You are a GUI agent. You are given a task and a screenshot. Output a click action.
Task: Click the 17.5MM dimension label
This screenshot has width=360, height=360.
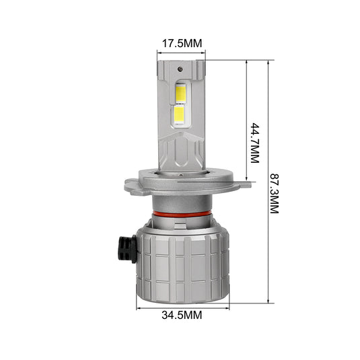[x=182, y=43]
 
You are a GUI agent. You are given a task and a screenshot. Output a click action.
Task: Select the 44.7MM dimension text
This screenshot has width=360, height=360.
[x=254, y=143]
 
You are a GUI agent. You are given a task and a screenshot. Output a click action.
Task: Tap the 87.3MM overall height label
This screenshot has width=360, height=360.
[x=274, y=193]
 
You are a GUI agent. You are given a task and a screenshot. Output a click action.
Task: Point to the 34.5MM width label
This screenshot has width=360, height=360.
[x=182, y=315]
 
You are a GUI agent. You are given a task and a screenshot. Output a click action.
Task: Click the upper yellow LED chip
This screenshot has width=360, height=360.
[x=181, y=94]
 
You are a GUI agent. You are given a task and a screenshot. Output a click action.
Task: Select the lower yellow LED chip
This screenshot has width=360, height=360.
[x=180, y=114]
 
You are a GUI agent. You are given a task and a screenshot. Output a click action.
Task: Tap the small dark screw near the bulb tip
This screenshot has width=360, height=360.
[x=180, y=69]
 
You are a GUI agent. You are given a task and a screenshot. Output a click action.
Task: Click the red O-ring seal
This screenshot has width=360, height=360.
[x=182, y=214]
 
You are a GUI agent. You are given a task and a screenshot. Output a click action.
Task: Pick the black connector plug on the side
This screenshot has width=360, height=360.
[x=127, y=249]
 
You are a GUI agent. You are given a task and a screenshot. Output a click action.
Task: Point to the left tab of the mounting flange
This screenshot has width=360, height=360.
[x=132, y=186]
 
